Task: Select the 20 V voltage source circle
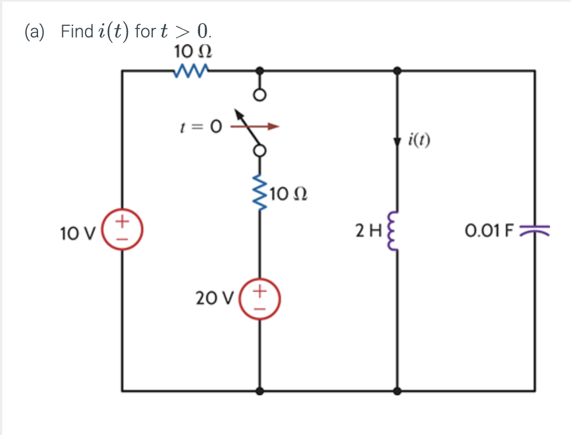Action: [260, 300]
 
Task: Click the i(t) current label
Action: [421, 139]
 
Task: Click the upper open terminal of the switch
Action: [260, 95]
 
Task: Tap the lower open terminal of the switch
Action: [260, 150]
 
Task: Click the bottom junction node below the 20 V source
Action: [260, 391]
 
